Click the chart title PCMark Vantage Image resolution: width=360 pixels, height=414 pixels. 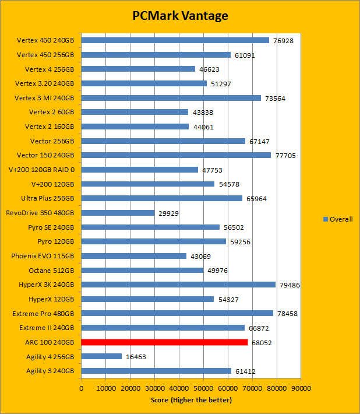(180, 15)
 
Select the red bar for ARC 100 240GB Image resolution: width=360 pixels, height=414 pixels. (164, 342)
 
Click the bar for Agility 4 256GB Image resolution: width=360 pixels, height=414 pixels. (101, 356)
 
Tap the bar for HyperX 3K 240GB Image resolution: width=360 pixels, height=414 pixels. (178, 285)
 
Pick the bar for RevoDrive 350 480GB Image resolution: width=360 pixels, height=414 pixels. (118, 213)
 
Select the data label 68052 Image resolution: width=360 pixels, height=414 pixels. (262, 343)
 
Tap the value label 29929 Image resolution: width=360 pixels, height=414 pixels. (169, 213)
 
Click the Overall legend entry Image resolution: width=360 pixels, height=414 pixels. (338, 219)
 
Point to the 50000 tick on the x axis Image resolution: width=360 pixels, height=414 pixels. (203, 387)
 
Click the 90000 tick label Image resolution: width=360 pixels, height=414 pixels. (301, 387)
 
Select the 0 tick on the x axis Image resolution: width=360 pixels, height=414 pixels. (82, 387)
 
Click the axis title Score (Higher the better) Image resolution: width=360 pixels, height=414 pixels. (190, 400)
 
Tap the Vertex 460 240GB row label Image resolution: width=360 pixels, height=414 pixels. (45, 41)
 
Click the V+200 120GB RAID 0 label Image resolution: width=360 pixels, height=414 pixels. (41, 170)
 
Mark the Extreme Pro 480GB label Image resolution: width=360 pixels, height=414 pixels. (43, 313)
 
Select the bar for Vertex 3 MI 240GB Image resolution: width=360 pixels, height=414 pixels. (171, 98)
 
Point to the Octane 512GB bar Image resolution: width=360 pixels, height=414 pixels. (142, 270)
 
